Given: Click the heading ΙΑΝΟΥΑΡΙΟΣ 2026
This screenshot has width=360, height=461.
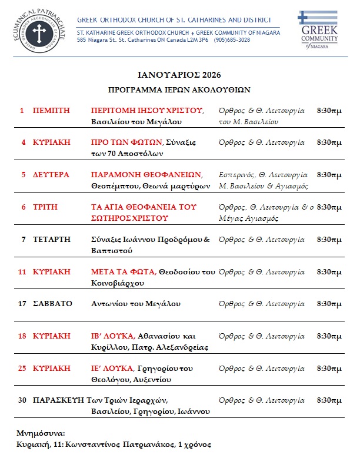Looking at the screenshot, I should tap(179, 75).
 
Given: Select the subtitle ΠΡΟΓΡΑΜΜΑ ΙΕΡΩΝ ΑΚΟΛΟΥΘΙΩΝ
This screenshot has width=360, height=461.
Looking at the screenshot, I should tap(179, 90).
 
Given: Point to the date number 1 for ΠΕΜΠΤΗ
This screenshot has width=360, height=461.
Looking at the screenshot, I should tap(22, 110).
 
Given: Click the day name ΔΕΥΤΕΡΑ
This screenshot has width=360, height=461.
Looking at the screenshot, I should tap(51, 175).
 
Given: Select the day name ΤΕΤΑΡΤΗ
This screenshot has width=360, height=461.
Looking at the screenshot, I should tap(51, 240).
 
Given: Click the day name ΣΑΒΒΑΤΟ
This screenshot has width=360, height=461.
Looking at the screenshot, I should tap(52, 304).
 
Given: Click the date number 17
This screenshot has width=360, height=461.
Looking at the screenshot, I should tap(22, 304).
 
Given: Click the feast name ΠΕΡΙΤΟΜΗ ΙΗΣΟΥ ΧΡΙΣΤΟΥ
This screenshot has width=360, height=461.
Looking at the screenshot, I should tap(146, 110).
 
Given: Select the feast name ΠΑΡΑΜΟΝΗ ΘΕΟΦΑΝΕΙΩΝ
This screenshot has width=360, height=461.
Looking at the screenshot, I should tap(146, 175).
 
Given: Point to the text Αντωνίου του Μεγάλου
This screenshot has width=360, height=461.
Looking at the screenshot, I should tap(135, 304).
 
